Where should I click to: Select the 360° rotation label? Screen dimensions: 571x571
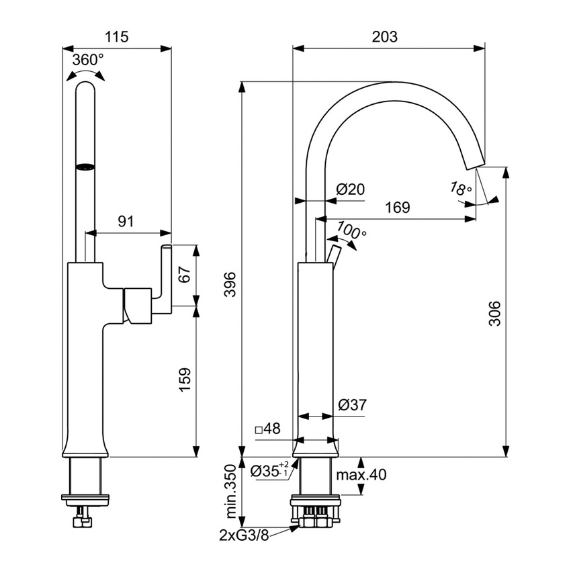(88, 59)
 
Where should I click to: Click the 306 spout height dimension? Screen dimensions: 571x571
(494, 312)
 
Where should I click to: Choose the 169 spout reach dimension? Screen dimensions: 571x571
(397, 208)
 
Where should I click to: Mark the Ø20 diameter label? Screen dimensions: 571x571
(350, 190)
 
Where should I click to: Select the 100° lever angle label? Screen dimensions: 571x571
(351, 230)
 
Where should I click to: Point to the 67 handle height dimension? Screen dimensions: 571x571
(186, 275)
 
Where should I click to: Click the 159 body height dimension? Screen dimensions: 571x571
(186, 380)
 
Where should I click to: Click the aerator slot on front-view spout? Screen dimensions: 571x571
(86, 167)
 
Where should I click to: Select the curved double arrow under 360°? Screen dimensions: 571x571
(87, 75)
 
